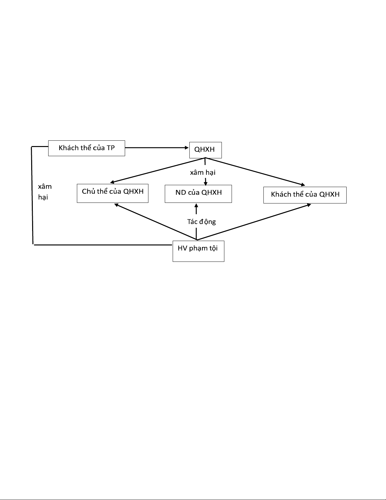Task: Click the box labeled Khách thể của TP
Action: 86,148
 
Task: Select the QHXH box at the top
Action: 205,150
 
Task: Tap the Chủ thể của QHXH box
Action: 112,193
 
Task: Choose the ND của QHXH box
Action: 198,193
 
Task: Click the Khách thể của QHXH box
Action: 305,195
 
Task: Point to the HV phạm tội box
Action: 198,251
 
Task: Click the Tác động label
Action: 201,221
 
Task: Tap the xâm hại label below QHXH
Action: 203,173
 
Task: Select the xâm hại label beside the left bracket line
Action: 44,192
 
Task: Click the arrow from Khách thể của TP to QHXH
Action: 157,147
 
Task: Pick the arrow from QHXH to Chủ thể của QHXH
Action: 158,170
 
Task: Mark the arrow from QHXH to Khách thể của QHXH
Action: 255,172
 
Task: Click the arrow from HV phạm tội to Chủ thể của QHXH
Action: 155,221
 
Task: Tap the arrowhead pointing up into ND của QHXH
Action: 196,206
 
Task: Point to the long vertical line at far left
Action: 32,196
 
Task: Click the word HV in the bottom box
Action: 182,248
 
